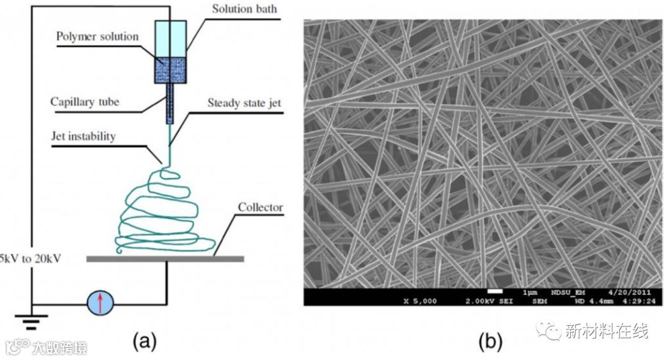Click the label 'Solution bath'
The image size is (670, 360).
244,9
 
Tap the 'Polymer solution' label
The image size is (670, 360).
97,36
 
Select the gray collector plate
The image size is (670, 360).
164,258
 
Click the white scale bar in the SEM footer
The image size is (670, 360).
494,290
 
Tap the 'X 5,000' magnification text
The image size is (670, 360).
420,301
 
